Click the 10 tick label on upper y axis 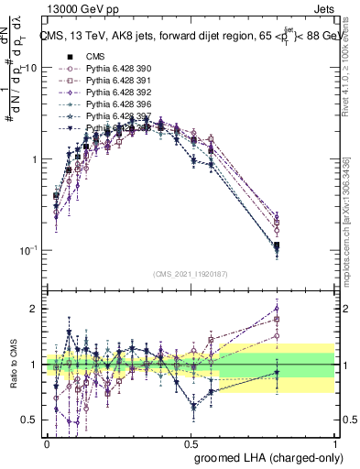(30, 69)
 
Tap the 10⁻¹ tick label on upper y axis (27, 250)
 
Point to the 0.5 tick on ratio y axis (30, 420)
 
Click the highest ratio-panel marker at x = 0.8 (277, 309)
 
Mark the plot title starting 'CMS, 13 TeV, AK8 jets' (188, 37)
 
